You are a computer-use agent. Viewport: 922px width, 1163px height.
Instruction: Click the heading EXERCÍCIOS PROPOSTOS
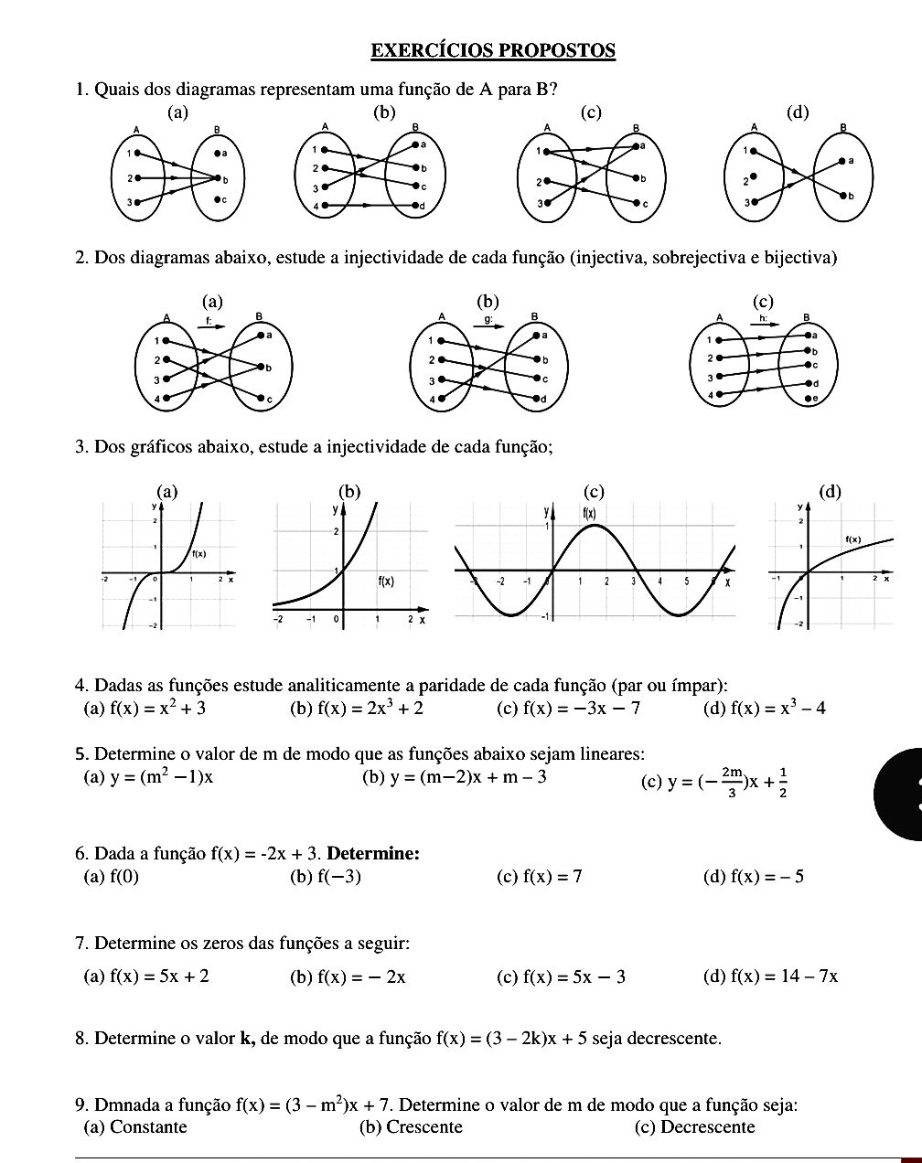tap(493, 50)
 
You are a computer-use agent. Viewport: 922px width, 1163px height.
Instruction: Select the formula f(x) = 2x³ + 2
tap(370, 708)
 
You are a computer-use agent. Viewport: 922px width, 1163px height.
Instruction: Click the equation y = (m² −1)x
tap(161, 777)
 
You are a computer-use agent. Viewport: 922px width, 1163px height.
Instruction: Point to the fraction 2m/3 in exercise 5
tap(732, 782)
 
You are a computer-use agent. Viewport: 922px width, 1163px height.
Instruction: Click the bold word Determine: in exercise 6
tap(373, 854)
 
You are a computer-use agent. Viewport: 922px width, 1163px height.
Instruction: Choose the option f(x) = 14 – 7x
tap(784, 976)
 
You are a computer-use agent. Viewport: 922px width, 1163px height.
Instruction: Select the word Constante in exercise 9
tap(147, 1126)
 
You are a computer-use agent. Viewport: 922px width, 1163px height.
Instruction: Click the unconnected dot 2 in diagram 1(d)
tap(752, 176)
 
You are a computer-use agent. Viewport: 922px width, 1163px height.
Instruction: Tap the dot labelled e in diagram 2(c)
tap(806, 399)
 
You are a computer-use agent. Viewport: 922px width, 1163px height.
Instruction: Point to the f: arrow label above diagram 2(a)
tap(210, 321)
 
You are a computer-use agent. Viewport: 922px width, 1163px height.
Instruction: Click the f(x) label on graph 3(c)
tap(590, 513)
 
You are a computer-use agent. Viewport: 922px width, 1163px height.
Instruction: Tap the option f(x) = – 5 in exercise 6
tap(767, 877)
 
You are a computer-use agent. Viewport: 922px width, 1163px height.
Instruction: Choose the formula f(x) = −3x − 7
tap(581, 708)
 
